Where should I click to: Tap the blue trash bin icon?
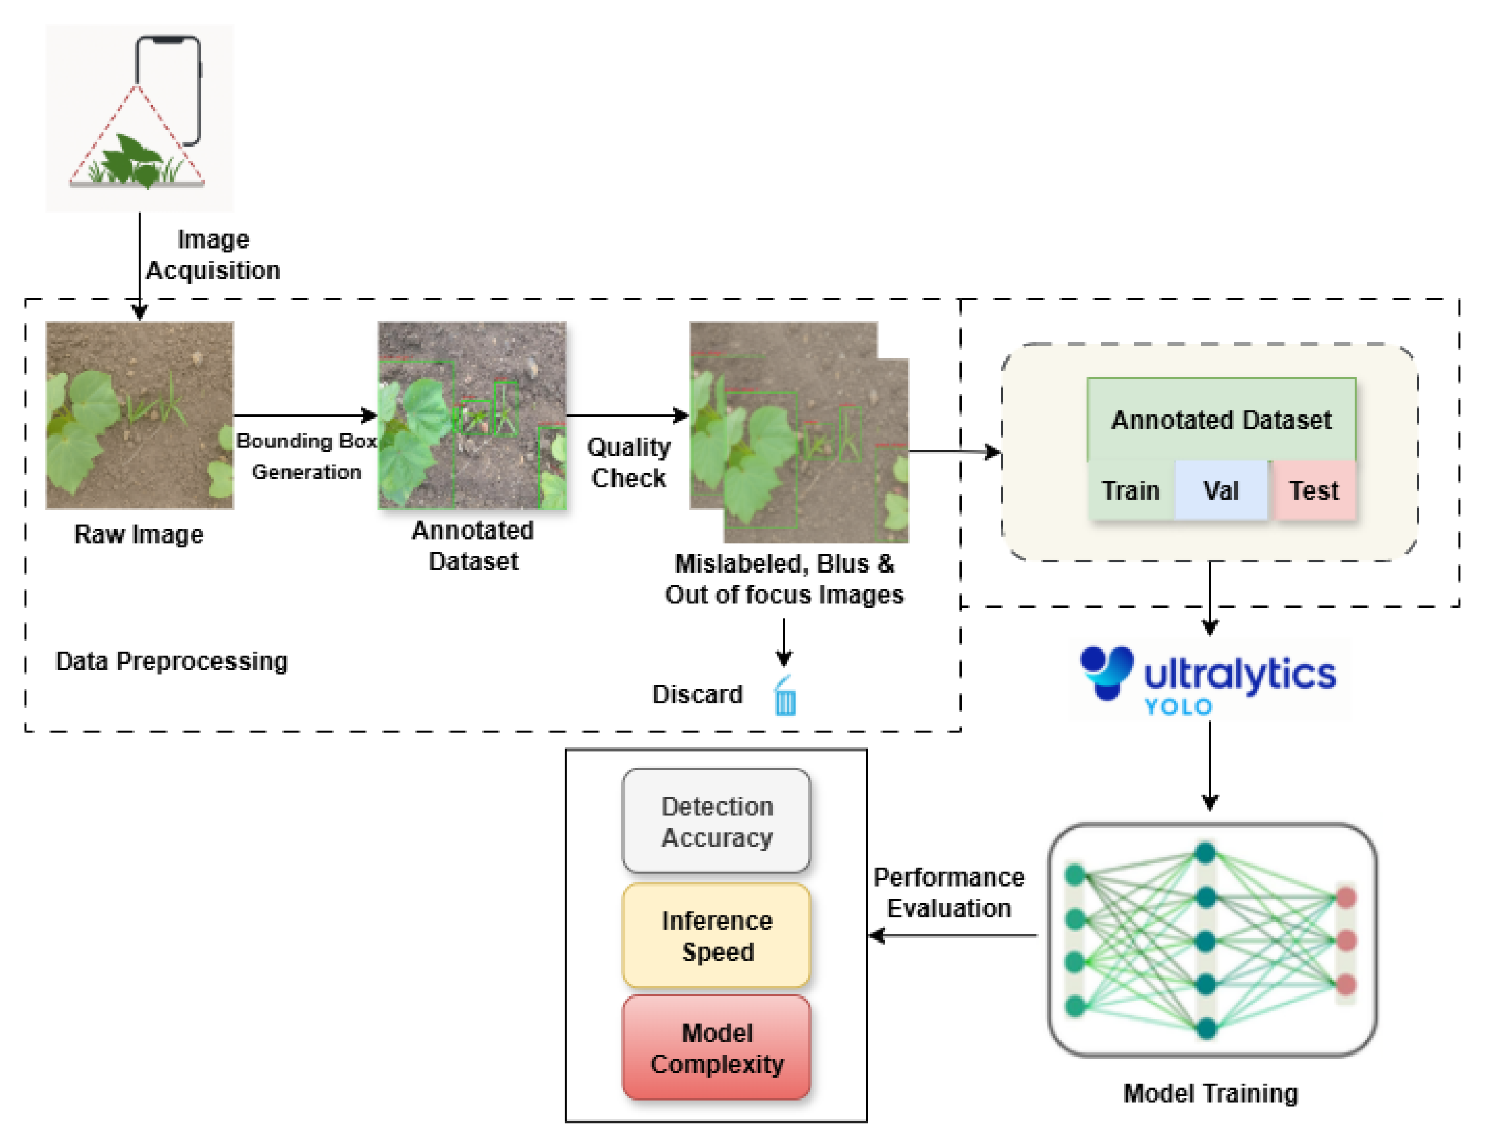(785, 696)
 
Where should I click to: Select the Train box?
(1130, 490)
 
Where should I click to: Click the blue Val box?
(1221, 490)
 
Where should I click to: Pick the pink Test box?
(1314, 490)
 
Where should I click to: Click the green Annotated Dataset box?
(1221, 419)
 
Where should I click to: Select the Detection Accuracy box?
(717, 821)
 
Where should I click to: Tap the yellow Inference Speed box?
(717, 935)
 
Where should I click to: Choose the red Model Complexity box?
(717, 1048)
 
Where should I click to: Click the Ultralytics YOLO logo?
(1209, 680)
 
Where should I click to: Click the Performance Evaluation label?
(948, 892)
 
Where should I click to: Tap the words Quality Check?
(628, 462)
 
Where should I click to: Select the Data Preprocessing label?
(171, 661)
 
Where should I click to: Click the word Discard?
(697, 694)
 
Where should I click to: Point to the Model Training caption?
(1210, 1093)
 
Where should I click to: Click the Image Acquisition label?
(213, 255)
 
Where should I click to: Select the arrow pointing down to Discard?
(784, 642)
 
